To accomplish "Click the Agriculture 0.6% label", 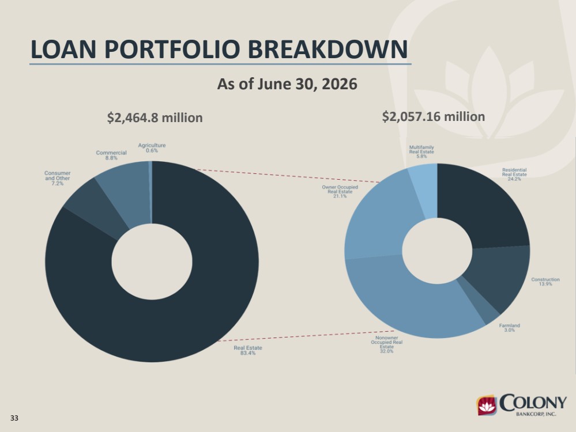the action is coord(152,147).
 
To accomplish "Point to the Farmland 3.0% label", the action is coord(509,327).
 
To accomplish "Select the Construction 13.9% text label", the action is coord(545,282).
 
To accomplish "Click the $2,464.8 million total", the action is coord(155,118).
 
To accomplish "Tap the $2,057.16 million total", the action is coord(434,116).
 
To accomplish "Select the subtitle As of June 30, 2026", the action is coord(287,84).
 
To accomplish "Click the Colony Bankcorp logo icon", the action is coord(486,406).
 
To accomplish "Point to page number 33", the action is coord(14,418).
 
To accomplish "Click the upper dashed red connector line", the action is coord(289,176).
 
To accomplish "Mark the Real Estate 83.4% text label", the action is coord(248,350).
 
